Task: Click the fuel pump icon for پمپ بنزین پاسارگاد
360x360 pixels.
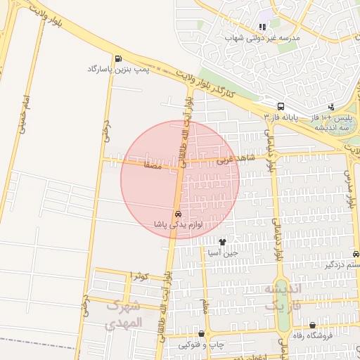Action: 117,58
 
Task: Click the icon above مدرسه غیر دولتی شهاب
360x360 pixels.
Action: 262,27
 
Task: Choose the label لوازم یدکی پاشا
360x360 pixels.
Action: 179,224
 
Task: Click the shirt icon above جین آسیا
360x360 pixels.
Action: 223,241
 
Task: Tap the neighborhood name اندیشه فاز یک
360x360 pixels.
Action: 282,298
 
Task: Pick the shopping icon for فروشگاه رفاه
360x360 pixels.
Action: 312,325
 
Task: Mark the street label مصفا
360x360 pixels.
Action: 152,166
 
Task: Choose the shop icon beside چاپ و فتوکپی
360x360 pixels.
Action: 202,334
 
